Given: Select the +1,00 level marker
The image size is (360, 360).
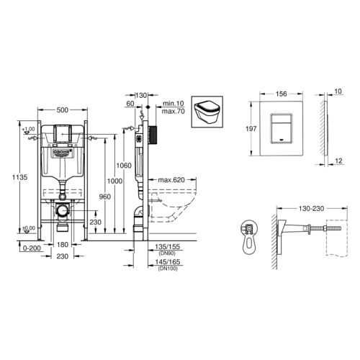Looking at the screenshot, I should tap(29, 129).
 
